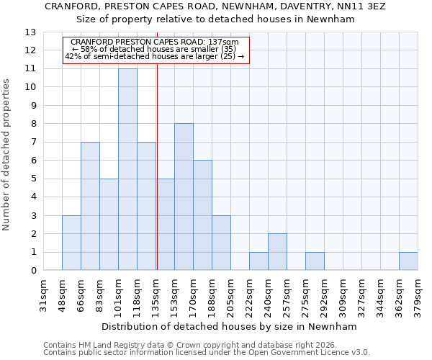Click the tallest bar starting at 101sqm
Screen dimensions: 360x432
pos(127,169)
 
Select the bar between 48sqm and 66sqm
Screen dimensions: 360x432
pos(71,243)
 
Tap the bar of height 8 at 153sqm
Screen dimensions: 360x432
pos(184,197)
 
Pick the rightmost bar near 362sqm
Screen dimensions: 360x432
pos(408,261)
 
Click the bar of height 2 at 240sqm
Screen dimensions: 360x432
pos(277,252)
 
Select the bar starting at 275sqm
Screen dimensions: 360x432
pos(315,261)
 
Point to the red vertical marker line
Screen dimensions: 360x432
pos(157,166)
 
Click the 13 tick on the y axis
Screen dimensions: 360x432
pos(30,32)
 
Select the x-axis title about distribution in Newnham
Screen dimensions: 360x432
pos(230,326)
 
